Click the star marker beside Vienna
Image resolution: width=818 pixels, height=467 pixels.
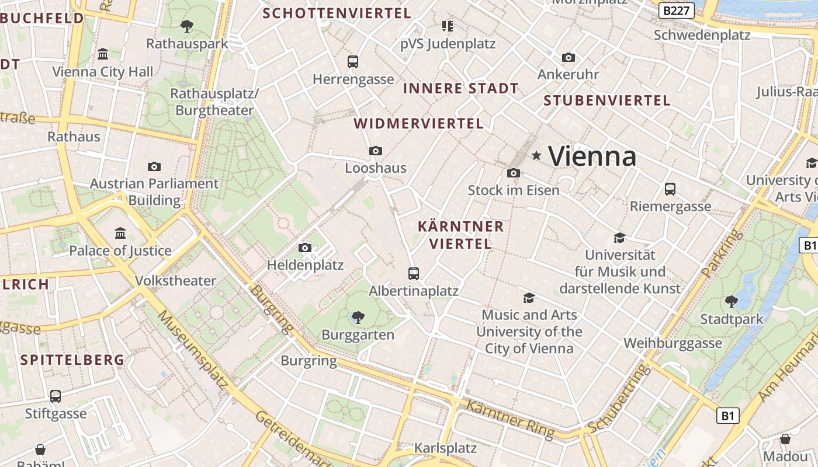coord(536,155)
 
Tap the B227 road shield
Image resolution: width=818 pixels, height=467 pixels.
coord(677,11)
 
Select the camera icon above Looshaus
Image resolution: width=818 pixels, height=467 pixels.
coord(376,151)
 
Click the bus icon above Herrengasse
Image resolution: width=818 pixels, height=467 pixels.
coord(352,61)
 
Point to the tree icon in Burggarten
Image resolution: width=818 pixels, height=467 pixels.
coord(358,318)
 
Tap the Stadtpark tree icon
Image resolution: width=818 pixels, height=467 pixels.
coord(731,301)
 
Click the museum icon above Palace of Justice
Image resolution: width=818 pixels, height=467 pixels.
coord(120,233)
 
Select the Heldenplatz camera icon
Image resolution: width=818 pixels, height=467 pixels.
coord(304,248)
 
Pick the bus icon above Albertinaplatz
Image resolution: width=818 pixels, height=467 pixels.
coord(413,273)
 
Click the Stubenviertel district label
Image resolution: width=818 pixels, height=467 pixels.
coord(607,100)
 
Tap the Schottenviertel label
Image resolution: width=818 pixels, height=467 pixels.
coord(337,13)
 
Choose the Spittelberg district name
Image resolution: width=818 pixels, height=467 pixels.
coord(72,360)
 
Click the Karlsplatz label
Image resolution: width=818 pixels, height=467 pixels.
coord(445,448)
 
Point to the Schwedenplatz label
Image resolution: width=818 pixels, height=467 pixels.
coord(702,35)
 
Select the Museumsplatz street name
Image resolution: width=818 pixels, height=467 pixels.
coord(193,349)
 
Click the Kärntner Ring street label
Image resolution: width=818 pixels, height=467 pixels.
coord(509,418)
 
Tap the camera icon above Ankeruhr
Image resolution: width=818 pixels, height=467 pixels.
coord(568,57)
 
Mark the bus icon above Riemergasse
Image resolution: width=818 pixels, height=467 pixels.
coord(670,189)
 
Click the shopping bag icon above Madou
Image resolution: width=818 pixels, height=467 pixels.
coord(785,439)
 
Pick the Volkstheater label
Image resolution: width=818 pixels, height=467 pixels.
coord(175,281)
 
